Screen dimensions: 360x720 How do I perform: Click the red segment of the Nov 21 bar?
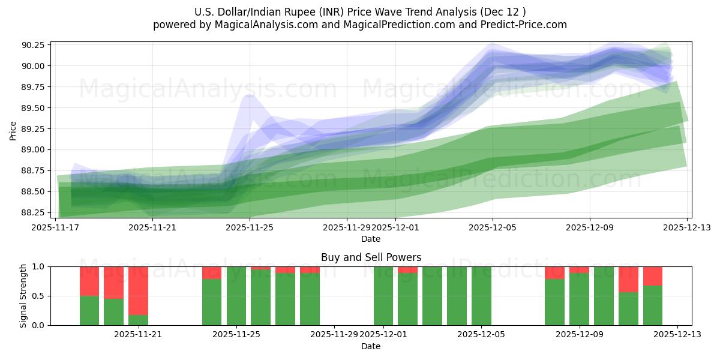tap(138, 290)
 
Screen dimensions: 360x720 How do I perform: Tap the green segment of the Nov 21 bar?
tap(138, 320)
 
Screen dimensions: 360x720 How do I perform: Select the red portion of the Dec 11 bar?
tap(628, 279)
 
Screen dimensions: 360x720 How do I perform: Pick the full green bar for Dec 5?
tap(481, 296)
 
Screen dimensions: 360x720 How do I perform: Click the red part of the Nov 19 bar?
tap(89, 281)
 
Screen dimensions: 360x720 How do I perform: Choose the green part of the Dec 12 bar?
tap(653, 305)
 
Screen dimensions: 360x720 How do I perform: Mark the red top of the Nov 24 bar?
tap(212, 272)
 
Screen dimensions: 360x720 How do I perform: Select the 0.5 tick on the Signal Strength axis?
tap(38, 296)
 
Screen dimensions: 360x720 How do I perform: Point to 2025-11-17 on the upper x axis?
tap(56, 227)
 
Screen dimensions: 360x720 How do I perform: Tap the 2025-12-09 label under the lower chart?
tap(580, 335)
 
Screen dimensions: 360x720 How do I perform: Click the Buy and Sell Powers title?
tap(371, 257)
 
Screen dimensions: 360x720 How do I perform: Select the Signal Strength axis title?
tap(23, 296)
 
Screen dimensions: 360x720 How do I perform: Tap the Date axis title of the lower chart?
tap(371, 346)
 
